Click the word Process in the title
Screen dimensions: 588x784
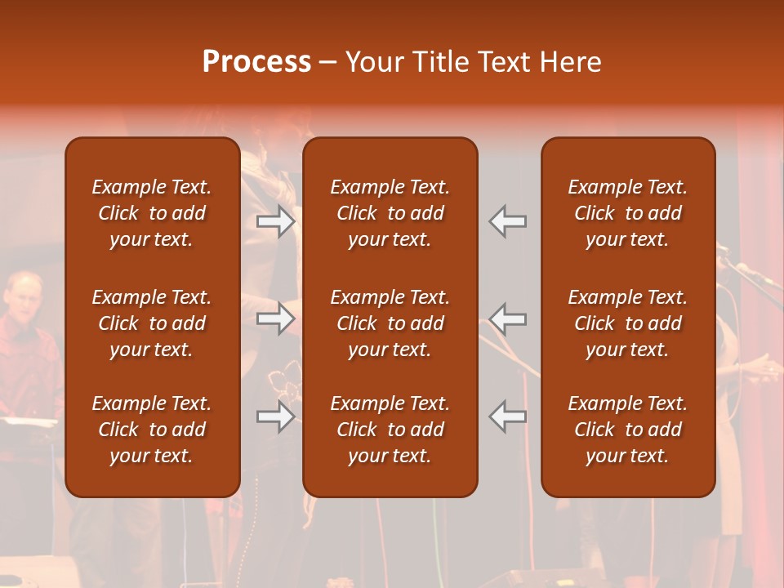pyautogui.click(x=256, y=62)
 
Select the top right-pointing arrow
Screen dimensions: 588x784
pyautogui.click(x=276, y=220)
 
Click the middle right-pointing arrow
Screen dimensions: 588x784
pyautogui.click(x=276, y=318)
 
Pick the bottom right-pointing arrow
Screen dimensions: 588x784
pyautogui.click(x=276, y=416)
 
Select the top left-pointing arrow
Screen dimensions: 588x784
pyautogui.click(x=508, y=220)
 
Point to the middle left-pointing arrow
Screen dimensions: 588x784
pyautogui.click(x=508, y=318)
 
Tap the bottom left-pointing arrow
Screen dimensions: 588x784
pyautogui.click(x=508, y=416)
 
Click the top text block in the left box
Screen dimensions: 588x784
pyautogui.click(x=152, y=213)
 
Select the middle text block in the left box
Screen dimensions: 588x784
pyautogui.click(x=152, y=323)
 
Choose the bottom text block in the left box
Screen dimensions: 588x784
pyautogui.click(x=152, y=430)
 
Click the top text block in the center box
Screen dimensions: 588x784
pyautogui.click(x=390, y=213)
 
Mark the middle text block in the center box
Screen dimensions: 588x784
pyautogui.click(x=390, y=323)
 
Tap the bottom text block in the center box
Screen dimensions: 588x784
pyautogui.click(x=390, y=430)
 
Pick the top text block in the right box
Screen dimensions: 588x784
pyautogui.click(x=628, y=213)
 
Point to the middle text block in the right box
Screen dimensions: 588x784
pyautogui.click(x=628, y=323)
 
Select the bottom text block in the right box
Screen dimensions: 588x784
pyautogui.click(x=628, y=430)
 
